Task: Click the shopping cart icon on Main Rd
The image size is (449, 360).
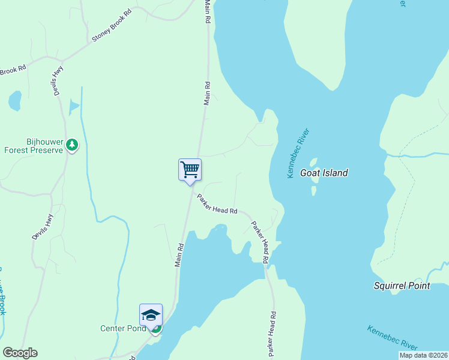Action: [190, 170]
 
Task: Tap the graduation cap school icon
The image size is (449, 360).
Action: [151, 314]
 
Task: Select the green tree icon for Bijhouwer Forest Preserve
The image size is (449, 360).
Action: [72, 145]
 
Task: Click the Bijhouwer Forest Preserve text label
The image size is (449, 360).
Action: [34, 146]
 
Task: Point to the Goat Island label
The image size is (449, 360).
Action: [324, 173]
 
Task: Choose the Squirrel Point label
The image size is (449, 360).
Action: [402, 286]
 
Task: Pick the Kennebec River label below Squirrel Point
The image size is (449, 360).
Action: [393, 338]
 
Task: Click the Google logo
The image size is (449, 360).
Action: [20, 353]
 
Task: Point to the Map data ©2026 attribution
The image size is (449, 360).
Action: [423, 355]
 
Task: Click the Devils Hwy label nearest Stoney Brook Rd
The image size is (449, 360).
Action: [58, 80]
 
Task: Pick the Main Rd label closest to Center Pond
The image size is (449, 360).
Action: [179, 256]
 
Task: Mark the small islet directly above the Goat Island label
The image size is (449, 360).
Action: [313, 162]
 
